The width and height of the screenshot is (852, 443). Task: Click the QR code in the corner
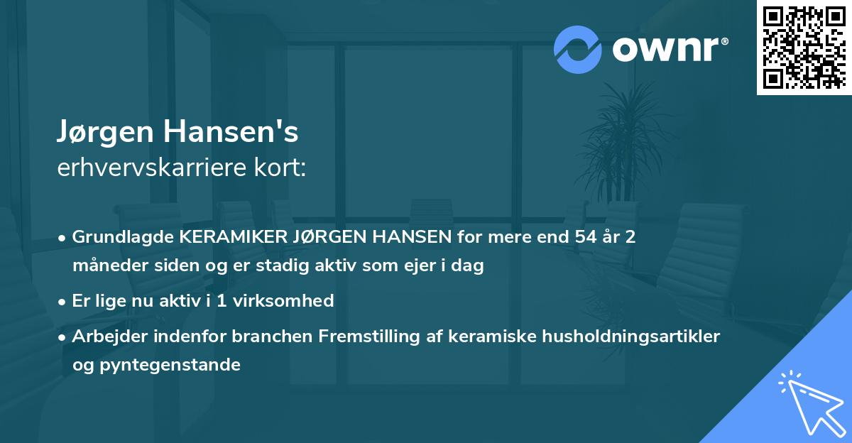(x=804, y=48)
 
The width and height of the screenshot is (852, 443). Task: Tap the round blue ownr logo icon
(x=577, y=48)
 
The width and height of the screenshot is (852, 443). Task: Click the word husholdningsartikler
(x=636, y=337)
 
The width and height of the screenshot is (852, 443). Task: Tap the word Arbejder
(x=104, y=337)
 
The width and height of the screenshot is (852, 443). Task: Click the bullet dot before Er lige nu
(x=63, y=301)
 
